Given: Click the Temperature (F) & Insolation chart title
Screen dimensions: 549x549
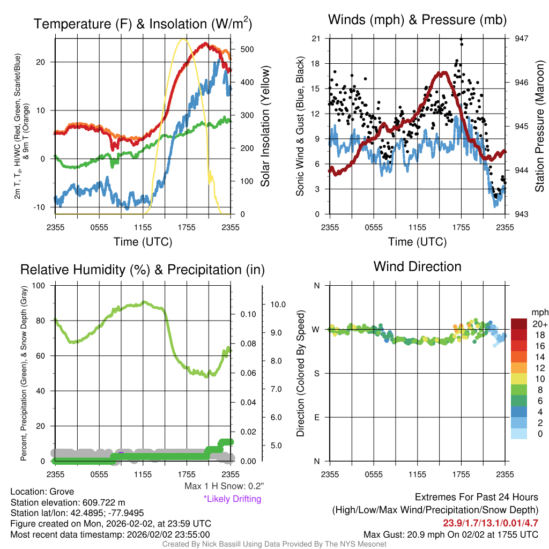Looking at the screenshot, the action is pyautogui.click(x=143, y=24).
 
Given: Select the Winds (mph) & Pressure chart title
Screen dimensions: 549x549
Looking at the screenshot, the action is pyautogui.click(x=417, y=20).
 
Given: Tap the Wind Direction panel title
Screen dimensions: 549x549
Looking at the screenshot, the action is pyautogui.click(x=417, y=266).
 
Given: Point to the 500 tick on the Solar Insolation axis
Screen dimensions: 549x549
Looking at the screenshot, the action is pyautogui.click(x=247, y=49).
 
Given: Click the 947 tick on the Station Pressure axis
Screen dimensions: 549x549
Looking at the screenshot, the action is pyautogui.click(x=521, y=39).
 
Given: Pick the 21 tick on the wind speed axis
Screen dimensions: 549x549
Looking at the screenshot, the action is pyautogui.click(x=316, y=39).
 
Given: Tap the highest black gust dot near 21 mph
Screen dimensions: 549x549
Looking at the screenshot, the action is pyautogui.click(x=462, y=39).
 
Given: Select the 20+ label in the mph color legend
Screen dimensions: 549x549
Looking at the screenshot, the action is pyautogui.click(x=539, y=324).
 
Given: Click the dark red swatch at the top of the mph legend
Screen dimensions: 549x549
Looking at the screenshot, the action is pyautogui.click(x=519, y=324).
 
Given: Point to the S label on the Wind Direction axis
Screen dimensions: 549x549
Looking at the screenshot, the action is pyautogui.click(x=317, y=374).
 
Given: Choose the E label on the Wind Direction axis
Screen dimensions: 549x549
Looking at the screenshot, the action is pyautogui.click(x=317, y=417).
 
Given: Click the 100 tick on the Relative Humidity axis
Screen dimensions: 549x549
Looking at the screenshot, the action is pyautogui.click(x=39, y=286).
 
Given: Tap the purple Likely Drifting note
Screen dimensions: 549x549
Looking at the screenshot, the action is pyautogui.click(x=233, y=499).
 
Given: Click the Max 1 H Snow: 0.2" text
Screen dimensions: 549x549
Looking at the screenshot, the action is pyautogui.click(x=224, y=486).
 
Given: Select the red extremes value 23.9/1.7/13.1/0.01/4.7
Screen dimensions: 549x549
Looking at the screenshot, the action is pyautogui.click(x=491, y=523).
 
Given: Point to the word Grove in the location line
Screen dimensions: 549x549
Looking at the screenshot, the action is pyautogui.click(x=62, y=492).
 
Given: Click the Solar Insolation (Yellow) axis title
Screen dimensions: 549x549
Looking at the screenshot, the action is pyautogui.click(x=265, y=126).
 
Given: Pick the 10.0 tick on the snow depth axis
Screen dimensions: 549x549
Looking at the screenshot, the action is pyautogui.click(x=278, y=305).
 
